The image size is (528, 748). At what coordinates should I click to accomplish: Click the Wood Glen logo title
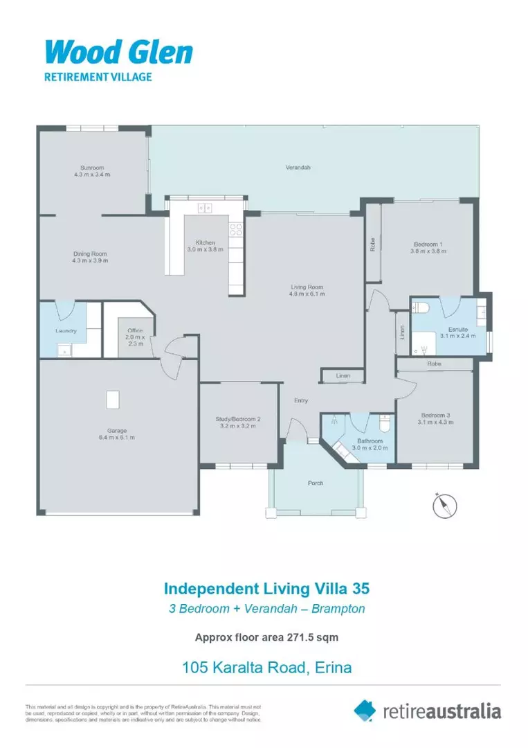(x=118, y=52)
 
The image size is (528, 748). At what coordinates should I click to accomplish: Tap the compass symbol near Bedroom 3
(x=442, y=505)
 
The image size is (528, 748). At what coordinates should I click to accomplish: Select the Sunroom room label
(x=91, y=168)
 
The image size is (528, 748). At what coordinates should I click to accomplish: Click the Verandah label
(x=298, y=168)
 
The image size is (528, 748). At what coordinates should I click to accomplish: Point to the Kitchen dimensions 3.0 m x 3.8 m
(x=205, y=249)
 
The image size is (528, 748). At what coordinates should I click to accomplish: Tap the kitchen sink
(x=205, y=207)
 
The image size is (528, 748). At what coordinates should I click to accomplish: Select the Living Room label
(x=306, y=287)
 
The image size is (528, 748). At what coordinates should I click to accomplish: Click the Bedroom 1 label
(x=427, y=244)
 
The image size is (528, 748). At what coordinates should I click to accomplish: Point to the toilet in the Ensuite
(x=425, y=307)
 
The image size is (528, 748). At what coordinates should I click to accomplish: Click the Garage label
(x=116, y=431)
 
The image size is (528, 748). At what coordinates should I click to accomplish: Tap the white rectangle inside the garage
(x=112, y=400)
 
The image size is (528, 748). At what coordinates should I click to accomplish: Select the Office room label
(x=134, y=331)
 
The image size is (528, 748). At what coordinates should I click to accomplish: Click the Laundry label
(x=66, y=330)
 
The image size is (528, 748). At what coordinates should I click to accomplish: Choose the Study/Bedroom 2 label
(x=239, y=419)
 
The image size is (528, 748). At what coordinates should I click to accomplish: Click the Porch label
(x=316, y=483)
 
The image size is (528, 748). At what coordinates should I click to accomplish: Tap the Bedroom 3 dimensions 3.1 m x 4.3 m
(x=435, y=423)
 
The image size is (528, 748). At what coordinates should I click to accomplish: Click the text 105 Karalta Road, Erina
(x=266, y=668)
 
